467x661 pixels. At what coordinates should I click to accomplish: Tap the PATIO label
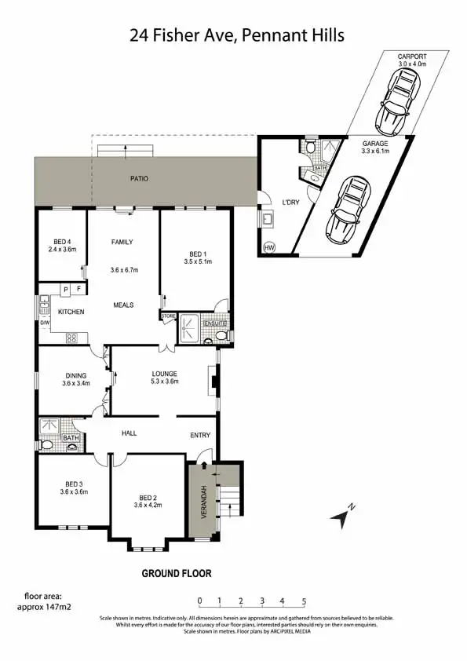coord(139,179)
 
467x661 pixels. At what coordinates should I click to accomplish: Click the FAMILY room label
coord(122,242)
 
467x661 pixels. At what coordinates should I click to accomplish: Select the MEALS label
coord(123,305)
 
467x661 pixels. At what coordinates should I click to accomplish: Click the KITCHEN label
coord(71,312)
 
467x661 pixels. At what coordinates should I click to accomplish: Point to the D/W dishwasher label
coord(45,323)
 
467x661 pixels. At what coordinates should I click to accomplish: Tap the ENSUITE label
coord(215,323)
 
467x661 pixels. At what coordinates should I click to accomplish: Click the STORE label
coord(169,316)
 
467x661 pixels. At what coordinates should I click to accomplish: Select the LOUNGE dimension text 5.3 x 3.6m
coord(165,382)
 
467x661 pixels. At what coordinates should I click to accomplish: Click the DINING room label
coord(76,376)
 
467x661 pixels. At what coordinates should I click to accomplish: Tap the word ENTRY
coord(201,434)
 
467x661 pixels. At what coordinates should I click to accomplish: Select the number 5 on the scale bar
coord(304,602)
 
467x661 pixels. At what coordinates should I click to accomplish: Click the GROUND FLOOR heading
coord(177,574)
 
